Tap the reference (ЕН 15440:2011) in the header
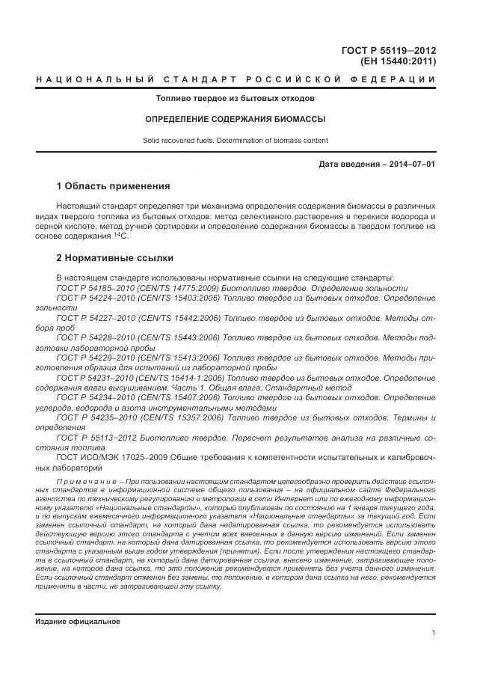pos(399,62)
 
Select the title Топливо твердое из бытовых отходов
pos(235,99)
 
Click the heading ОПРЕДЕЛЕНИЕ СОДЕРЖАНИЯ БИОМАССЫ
pos(235,119)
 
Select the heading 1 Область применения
pos(114,186)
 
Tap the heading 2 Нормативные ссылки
pos(115,258)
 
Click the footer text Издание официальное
pos(77,622)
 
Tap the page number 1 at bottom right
pos(434,634)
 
